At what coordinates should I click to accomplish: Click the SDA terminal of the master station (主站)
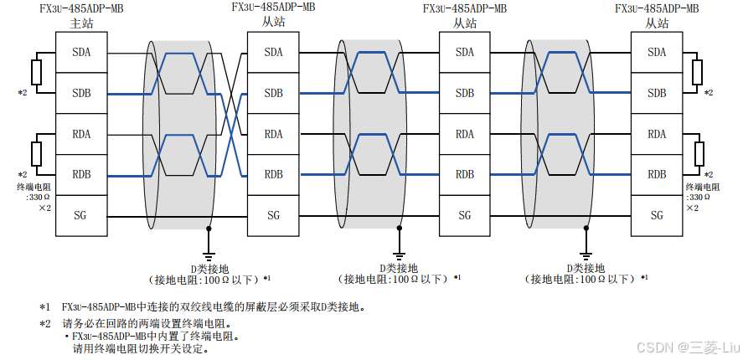tap(81, 53)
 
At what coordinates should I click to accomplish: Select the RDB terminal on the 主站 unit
tap(81, 175)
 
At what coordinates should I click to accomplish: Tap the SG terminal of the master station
tap(81, 215)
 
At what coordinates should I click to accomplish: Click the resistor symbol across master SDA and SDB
tap(36, 71)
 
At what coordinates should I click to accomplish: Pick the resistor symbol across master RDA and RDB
tap(36, 154)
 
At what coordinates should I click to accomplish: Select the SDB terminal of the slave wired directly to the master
tap(273, 93)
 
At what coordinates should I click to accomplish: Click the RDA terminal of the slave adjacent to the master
tap(273, 134)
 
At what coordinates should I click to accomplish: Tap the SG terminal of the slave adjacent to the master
tap(273, 215)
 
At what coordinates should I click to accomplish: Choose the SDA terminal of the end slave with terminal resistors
tap(657, 53)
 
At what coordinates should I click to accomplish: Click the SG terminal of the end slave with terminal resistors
tap(657, 215)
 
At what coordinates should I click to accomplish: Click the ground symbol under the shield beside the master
tap(209, 250)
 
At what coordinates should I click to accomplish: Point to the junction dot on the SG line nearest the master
tap(209, 228)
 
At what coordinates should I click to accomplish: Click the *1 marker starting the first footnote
tap(44, 306)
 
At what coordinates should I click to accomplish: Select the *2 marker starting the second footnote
tap(44, 323)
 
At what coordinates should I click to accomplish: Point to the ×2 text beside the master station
tap(46, 206)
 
